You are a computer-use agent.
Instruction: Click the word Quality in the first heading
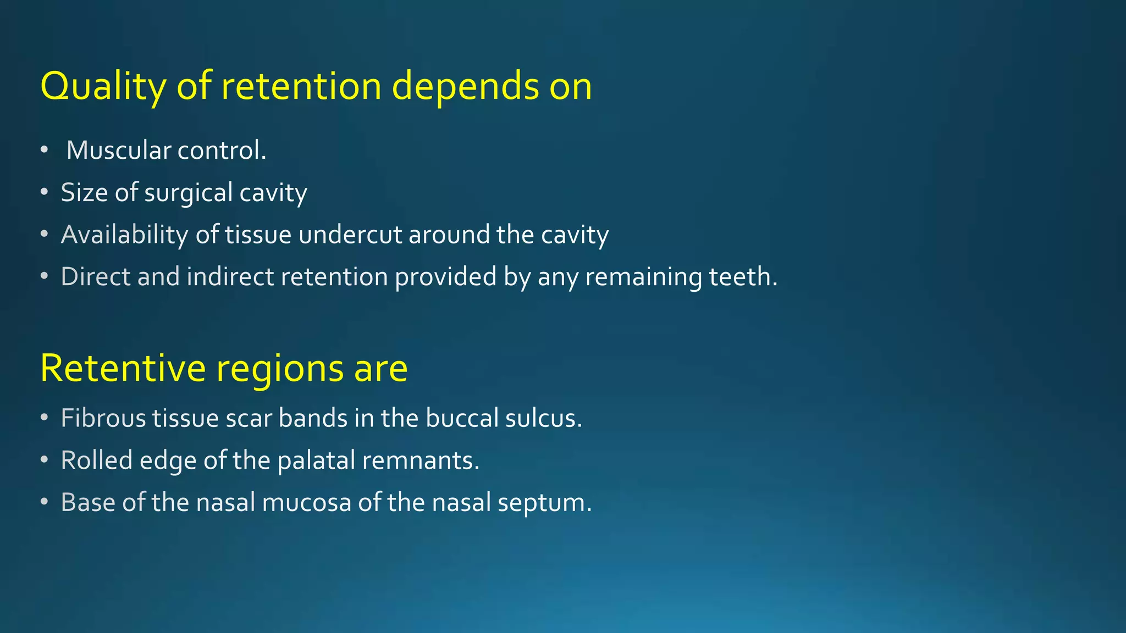click(103, 87)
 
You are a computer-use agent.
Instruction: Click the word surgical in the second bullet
click(189, 193)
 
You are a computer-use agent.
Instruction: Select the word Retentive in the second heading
click(123, 368)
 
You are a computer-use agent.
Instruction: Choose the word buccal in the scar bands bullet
click(462, 418)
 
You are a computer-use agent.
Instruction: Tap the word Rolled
click(97, 460)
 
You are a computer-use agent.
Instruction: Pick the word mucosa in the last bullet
click(306, 502)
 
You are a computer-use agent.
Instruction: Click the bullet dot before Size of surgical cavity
click(45, 193)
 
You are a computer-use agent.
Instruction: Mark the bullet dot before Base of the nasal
click(45, 502)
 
